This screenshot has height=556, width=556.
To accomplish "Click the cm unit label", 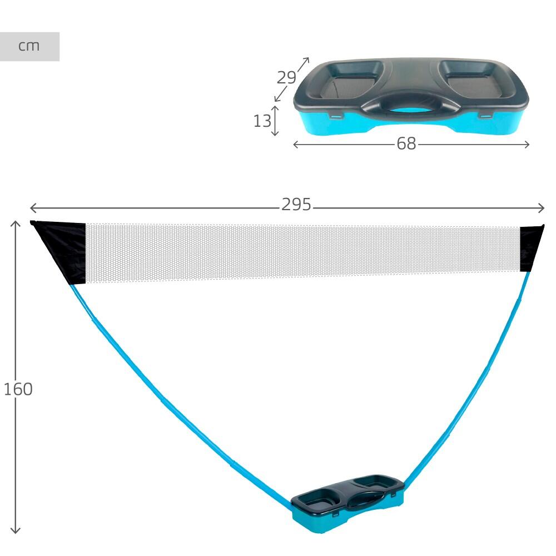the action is [x=29, y=46].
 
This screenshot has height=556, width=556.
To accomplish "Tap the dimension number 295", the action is [x=296, y=205].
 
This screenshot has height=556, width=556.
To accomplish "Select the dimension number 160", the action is [x=18, y=389].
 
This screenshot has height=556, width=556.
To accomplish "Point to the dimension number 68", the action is [x=406, y=143].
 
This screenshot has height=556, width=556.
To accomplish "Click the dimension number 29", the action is [x=286, y=77].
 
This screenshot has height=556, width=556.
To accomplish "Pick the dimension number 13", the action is [x=262, y=121].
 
